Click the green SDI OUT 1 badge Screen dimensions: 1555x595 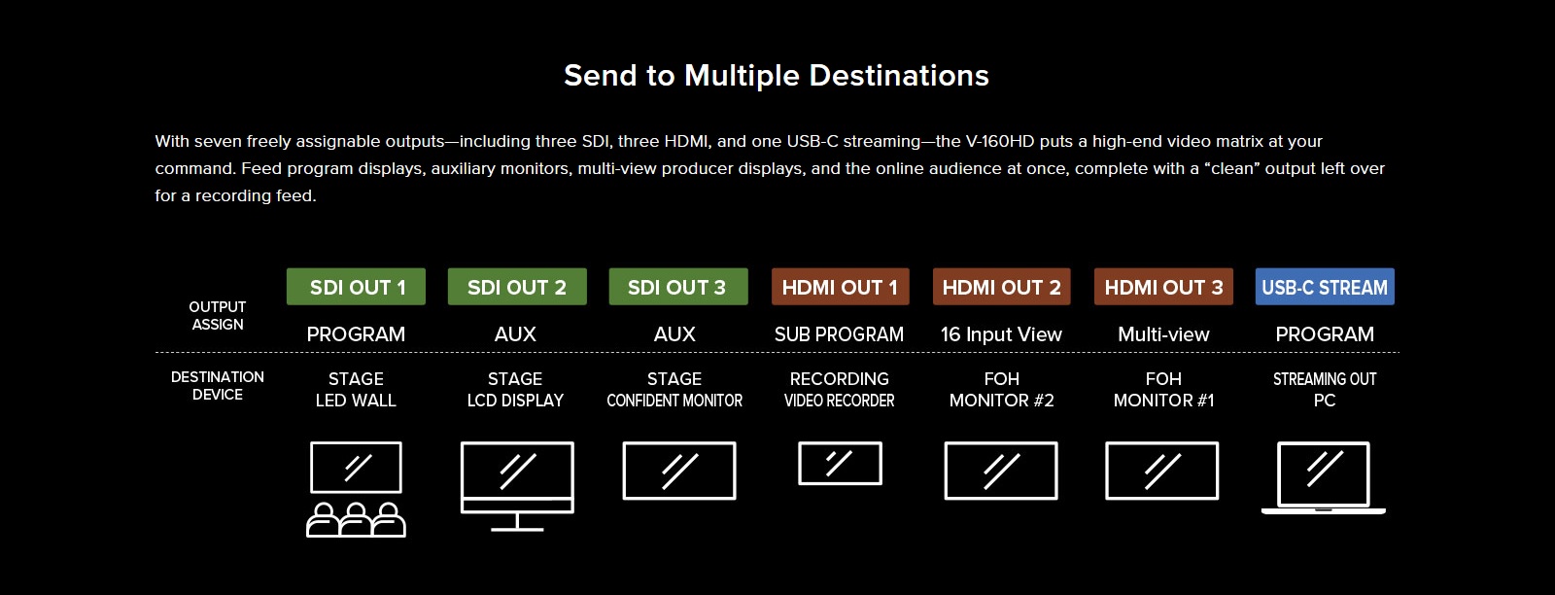tap(356, 287)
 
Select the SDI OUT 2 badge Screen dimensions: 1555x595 tap(517, 287)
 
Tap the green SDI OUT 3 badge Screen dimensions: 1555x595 tap(678, 287)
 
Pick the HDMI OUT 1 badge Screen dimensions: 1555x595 tap(840, 287)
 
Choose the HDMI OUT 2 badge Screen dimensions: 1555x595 tap(1002, 287)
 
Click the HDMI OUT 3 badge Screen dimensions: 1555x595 tap(1163, 287)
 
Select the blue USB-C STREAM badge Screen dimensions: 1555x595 tap(1325, 287)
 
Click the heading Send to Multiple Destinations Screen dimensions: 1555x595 tap(777, 76)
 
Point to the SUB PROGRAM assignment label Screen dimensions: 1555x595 tap(840, 333)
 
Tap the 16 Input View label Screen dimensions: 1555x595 tap(1001, 334)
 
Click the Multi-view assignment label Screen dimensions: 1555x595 tap(1163, 334)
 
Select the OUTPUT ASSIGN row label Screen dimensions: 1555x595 tap(218, 316)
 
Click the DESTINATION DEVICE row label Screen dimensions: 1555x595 tap(218, 386)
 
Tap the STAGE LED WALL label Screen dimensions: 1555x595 tap(356, 390)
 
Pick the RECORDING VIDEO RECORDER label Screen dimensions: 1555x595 tap(840, 390)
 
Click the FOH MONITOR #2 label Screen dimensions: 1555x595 tap(1002, 390)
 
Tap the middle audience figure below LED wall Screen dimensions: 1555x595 tap(356, 520)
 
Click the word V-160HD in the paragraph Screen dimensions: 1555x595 tap(1000, 141)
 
